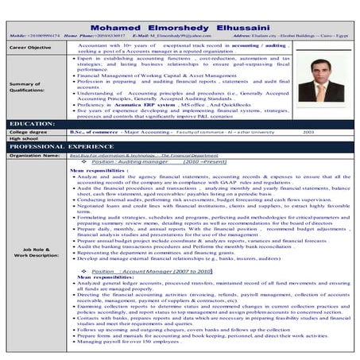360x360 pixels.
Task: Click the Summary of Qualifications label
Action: click(x=29, y=87)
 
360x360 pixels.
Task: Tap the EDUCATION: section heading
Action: click(x=32, y=124)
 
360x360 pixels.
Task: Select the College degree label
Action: click(x=25, y=132)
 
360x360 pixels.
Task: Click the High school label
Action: click(x=23, y=139)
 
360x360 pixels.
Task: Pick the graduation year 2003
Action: click(x=309, y=132)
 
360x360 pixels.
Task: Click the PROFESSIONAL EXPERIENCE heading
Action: click(x=62, y=147)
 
